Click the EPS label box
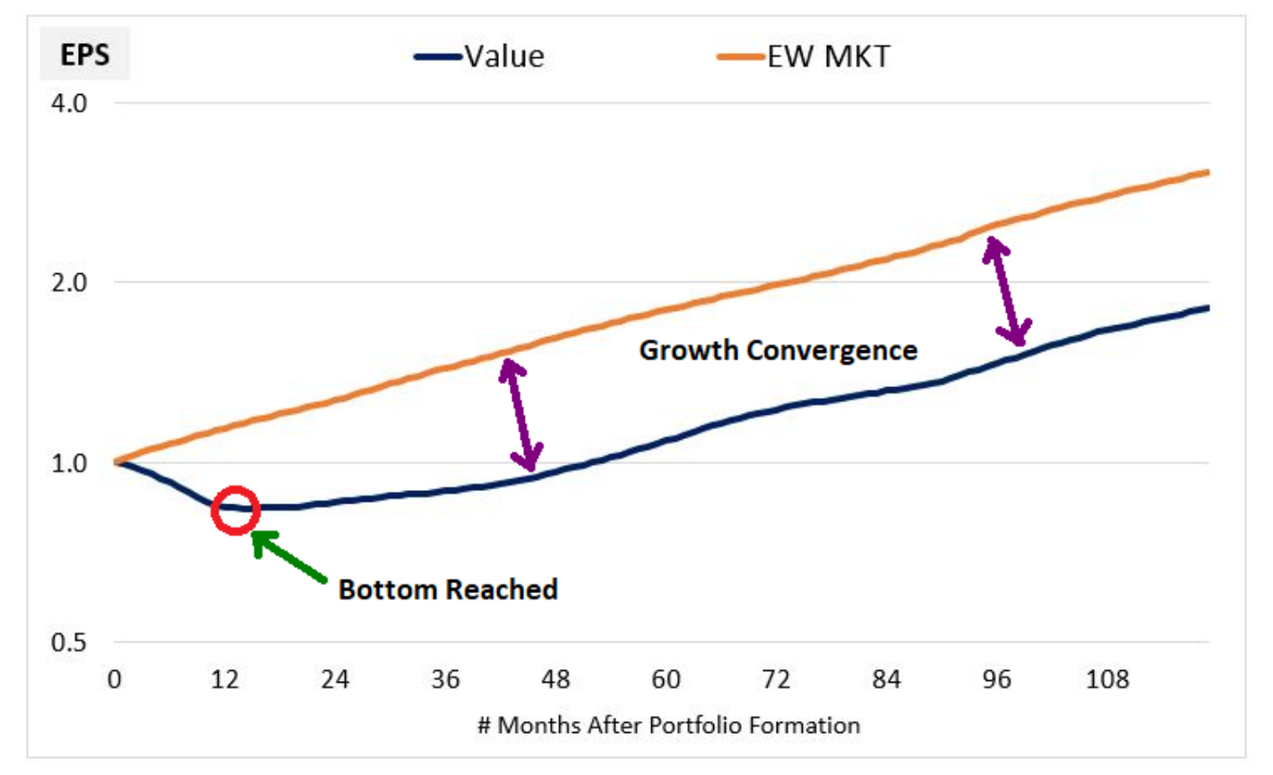click(x=85, y=54)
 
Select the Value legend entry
click(x=479, y=56)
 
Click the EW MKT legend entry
click(x=803, y=56)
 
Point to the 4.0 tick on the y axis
click(x=69, y=103)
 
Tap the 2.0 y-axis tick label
click(x=69, y=282)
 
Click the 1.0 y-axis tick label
click(x=69, y=463)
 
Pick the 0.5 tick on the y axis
click(x=69, y=642)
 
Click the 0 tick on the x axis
click(x=115, y=679)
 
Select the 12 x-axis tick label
click(x=225, y=679)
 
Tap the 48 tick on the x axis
click(x=555, y=679)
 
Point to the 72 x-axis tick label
click(x=776, y=679)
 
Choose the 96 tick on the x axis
click(x=996, y=679)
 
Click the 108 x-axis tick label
click(x=1107, y=679)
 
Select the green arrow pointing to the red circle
click(x=288, y=556)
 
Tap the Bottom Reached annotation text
click(x=448, y=590)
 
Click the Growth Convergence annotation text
click(x=778, y=350)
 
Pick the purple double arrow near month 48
click(x=520, y=416)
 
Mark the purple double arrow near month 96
click(x=1006, y=291)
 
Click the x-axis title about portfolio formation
click(x=669, y=726)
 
